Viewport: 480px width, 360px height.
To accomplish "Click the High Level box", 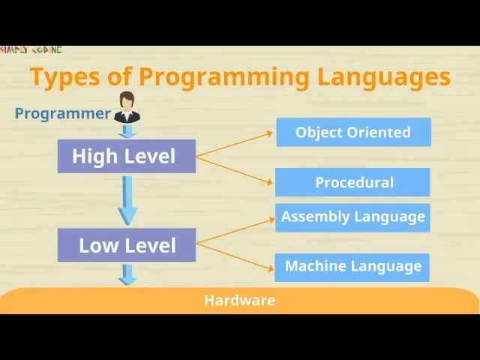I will [x=126, y=156].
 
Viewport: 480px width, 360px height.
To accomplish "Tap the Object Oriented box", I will [x=353, y=132].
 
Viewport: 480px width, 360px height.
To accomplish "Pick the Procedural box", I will [x=353, y=182].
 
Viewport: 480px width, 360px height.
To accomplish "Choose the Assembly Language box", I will [x=352, y=217].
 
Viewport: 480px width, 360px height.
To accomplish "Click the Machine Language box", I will [x=352, y=266].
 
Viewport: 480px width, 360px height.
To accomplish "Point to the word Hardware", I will [x=239, y=301].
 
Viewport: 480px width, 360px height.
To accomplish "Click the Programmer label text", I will [x=63, y=114].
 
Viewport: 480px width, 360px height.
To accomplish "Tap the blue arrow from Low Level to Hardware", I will [x=127, y=274].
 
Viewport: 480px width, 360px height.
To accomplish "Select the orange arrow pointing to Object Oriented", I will [x=234, y=145].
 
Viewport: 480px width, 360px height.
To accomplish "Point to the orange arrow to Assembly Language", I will [x=234, y=232].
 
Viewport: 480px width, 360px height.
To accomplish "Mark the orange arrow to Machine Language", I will [x=234, y=256].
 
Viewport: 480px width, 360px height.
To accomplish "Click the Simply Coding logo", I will [x=31, y=50].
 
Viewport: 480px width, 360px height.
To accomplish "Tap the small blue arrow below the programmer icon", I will [x=127, y=132].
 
